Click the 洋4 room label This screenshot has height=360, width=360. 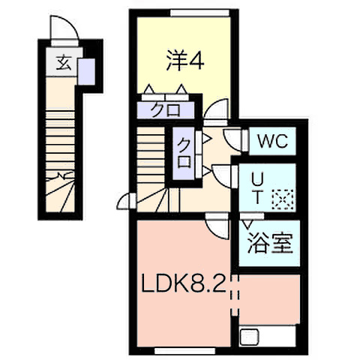(x=185, y=60)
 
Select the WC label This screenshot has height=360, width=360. (x=273, y=141)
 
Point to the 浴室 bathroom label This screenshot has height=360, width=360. (x=270, y=243)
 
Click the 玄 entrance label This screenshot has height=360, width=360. (x=64, y=63)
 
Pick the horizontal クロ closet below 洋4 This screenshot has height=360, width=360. (x=166, y=110)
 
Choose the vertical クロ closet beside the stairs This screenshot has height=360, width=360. (x=184, y=154)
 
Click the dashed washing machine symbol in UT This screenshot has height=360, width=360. (x=283, y=199)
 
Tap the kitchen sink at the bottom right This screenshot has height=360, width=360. (x=249, y=337)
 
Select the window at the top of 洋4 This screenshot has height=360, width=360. (x=199, y=13)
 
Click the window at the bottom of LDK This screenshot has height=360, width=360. (x=185, y=351)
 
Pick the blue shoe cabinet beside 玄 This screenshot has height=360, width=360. (x=86, y=72)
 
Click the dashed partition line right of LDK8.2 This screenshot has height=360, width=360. (x=235, y=295)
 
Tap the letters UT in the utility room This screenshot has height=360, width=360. (x=257, y=188)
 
